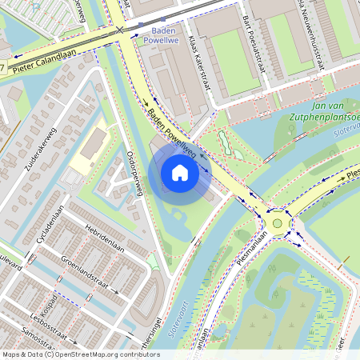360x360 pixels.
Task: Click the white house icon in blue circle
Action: coord(180,172)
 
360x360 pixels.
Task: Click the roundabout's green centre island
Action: coord(278,223)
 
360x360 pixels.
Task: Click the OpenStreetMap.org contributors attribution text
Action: coord(104,354)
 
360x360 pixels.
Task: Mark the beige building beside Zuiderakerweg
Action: coord(93,145)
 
